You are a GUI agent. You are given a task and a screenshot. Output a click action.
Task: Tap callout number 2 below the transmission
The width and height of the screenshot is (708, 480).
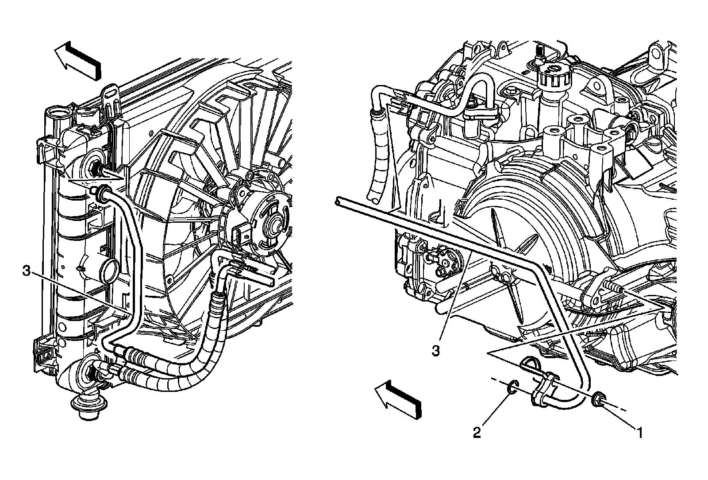tap(477, 432)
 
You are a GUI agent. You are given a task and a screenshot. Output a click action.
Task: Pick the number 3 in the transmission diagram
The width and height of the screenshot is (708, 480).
tap(436, 351)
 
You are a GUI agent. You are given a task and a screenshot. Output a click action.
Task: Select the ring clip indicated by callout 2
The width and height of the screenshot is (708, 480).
tap(512, 387)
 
